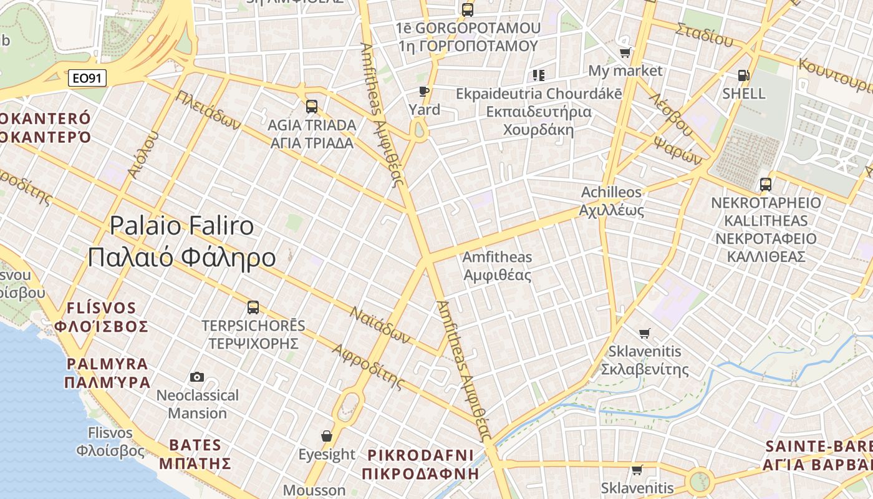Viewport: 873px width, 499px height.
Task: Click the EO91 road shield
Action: point(87,78)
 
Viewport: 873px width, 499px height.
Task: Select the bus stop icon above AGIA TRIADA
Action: point(312,107)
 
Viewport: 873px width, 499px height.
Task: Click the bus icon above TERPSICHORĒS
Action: point(253,307)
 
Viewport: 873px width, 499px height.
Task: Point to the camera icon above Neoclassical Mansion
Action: point(197,377)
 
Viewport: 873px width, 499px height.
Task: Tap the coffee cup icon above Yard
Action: point(424,92)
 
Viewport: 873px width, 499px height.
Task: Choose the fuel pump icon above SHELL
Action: point(743,75)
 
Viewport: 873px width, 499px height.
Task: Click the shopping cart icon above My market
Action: point(625,52)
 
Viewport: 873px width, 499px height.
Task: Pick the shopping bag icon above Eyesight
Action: point(326,435)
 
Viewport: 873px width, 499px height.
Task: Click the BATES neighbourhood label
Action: point(195,454)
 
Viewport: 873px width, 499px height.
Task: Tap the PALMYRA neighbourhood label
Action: point(107,373)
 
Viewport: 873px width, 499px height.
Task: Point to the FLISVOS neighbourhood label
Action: point(101,317)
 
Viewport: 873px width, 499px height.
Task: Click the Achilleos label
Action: point(611,201)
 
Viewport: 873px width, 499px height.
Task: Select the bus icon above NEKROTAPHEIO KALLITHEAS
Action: point(766,185)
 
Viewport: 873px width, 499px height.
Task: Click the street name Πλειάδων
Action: point(208,110)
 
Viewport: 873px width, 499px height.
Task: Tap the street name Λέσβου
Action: point(670,115)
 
